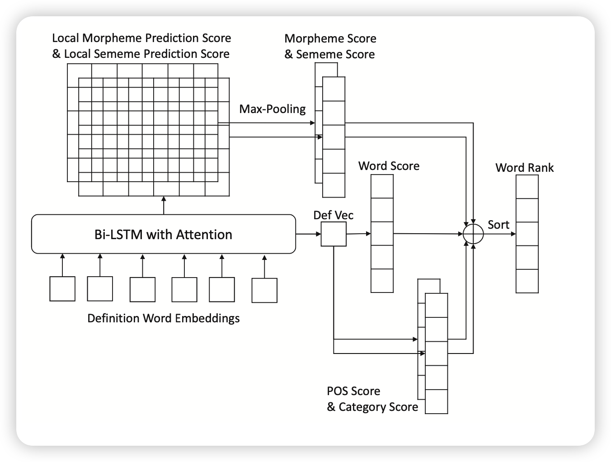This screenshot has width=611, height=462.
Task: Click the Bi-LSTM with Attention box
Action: click(163, 234)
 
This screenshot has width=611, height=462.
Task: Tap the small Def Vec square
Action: click(334, 234)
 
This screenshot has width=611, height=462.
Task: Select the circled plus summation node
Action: click(473, 234)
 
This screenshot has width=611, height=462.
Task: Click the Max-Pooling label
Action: click(272, 109)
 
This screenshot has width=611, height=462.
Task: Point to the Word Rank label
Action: click(524, 168)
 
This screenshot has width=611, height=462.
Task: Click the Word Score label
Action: click(389, 166)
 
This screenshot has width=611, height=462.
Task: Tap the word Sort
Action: click(498, 225)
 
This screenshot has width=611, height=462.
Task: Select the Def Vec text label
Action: click(334, 215)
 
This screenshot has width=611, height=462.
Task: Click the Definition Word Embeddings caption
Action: click(163, 318)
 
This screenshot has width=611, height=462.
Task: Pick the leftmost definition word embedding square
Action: click(62, 289)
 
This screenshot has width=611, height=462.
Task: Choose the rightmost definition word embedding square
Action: click(264, 290)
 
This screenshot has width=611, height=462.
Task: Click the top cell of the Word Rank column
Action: click(527, 187)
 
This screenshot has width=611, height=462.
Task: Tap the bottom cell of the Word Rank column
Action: click(527, 281)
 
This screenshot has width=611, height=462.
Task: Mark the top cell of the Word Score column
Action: click(382, 186)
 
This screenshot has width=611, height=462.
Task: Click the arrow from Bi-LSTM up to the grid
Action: click(164, 206)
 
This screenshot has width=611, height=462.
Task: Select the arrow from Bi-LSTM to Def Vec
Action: click(308, 234)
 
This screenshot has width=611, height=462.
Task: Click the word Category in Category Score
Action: click(360, 407)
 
